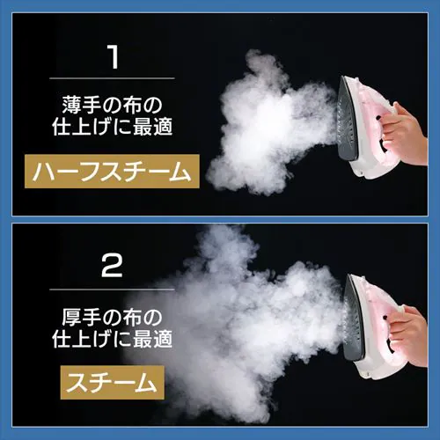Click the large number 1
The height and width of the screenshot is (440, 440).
pyautogui.click(x=113, y=58)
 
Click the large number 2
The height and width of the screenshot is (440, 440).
pyautogui.click(x=112, y=266)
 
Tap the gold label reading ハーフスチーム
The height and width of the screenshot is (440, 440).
pyautogui.click(x=112, y=172)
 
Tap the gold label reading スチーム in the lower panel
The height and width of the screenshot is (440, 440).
pyautogui.click(x=112, y=383)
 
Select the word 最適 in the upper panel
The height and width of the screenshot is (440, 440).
pyautogui.click(x=152, y=128)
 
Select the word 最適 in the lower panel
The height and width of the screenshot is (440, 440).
pyautogui.click(x=152, y=340)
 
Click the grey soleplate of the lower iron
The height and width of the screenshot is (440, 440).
pyautogui.click(x=354, y=319)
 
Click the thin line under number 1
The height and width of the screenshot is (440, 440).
pyautogui.click(x=112, y=78)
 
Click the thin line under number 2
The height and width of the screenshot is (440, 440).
pyautogui.click(x=112, y=290)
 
